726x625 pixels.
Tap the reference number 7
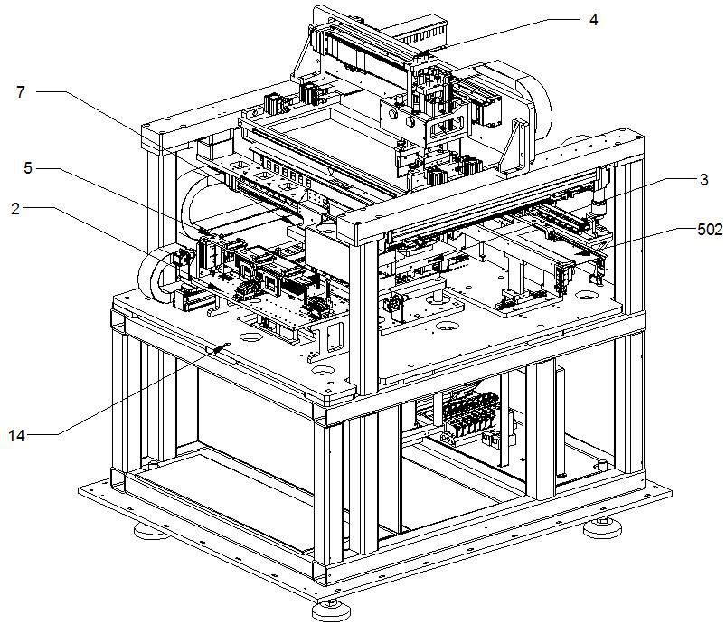(20, 90)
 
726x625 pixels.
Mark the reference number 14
(19, 436)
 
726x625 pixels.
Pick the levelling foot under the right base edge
(600, 526)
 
